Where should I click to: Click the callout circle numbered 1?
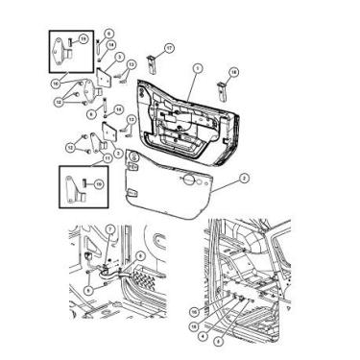[x=196, y=67]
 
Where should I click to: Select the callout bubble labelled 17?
[x=168, y=47]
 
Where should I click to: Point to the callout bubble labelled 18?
[x=231, y=72]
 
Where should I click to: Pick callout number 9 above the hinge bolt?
[x=108, y=34]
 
